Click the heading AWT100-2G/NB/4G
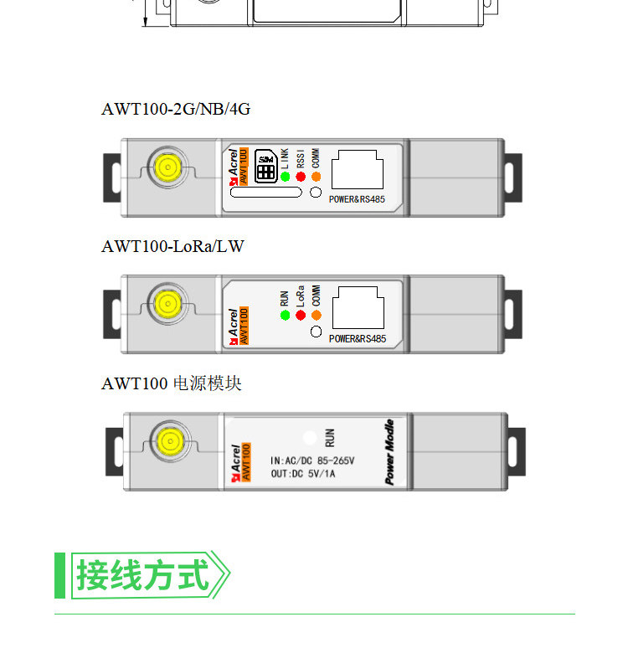point(176,109)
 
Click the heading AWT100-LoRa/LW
point(172,246)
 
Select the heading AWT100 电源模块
point(172,383)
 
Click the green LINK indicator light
point(285,177)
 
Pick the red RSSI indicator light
point(301,177)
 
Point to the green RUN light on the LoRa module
point(285,316)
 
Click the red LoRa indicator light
point(301,316)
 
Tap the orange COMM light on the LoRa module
point(316,316)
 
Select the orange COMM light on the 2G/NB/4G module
point(316,177)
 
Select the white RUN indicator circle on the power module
point(310,437)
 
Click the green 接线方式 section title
point(142,576)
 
